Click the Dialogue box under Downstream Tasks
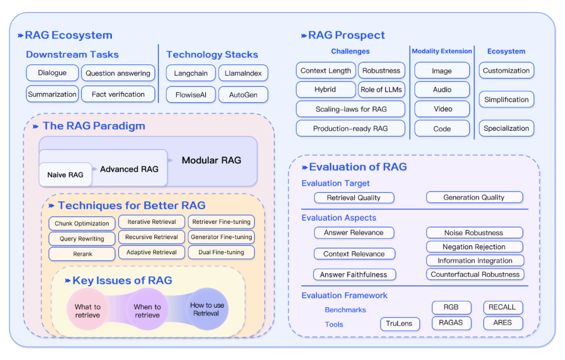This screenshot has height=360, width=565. (x=52, y=73)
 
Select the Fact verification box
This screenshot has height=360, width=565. (x=118, y=94)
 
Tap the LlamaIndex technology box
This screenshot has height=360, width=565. (x=242, y=73)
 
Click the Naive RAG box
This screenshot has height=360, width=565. (x=65, y=175)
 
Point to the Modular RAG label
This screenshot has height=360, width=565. (x=211, y=160)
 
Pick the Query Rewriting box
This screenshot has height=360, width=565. (x=82, y=239)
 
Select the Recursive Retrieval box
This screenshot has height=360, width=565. (x=152, y=237)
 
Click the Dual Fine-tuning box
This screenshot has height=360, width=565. (x=221, y=252)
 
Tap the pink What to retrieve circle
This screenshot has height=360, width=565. (x=87, y=311)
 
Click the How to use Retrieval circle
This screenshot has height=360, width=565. (x=207, y=309)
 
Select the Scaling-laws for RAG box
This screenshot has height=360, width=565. (x=351, y=109)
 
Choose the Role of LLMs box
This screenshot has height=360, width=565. (x=381, y=89)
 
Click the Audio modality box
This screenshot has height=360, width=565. (x=442, y=89)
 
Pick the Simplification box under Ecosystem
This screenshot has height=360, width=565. (x=506, y=99)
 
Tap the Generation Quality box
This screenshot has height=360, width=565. (x=474, y=197)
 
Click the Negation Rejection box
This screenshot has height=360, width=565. (x=474, y=246)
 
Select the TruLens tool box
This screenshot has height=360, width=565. (x=399, y=323)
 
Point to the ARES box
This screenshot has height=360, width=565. (x=503, y=323)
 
